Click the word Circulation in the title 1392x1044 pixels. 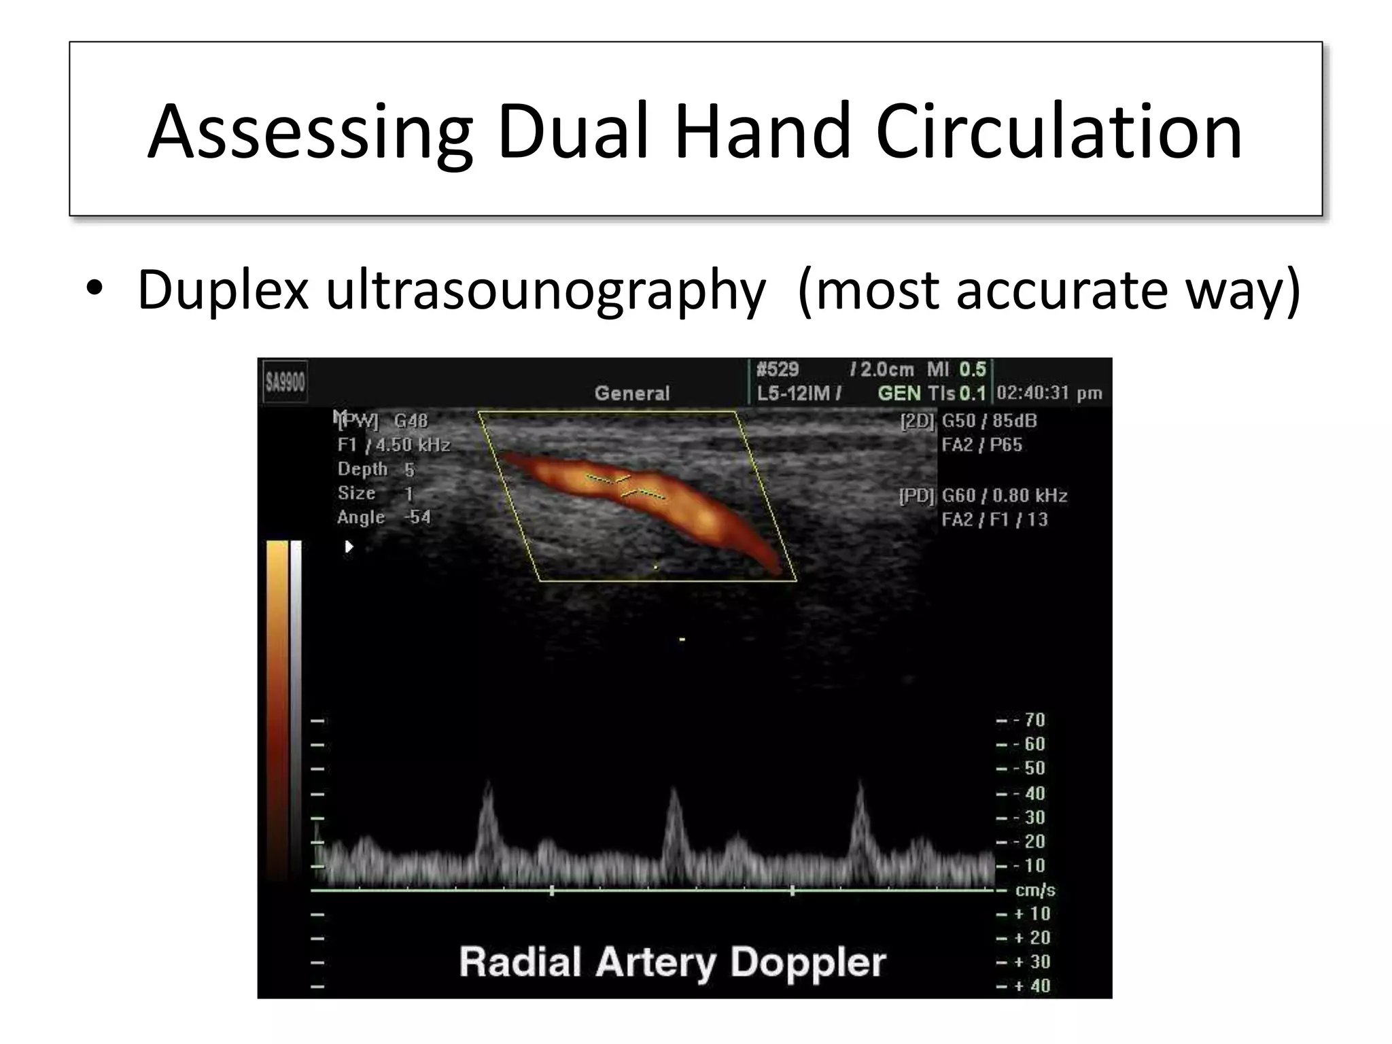(x=1059, y=132)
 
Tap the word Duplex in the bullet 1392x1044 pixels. (x=224, y=291)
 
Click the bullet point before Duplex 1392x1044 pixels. (x=95, y=289)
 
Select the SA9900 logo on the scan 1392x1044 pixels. (x=285, y=383)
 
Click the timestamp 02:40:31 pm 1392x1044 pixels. (x=1049, y=394)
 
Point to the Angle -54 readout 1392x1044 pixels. (x=384, y=517)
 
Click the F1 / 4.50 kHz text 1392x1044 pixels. (x=394, y=445)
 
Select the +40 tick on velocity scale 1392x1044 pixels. (x=1032, y=986)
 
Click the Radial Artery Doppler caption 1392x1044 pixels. (x=672, y=962)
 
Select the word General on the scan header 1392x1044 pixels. (x=632, y=394)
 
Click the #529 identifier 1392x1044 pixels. (x=778, y=370)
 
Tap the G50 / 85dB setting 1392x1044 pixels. (x=989, y=421)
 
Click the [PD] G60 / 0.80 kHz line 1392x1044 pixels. (x=984, y=496)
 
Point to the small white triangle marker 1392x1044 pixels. (x=349, y=546)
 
